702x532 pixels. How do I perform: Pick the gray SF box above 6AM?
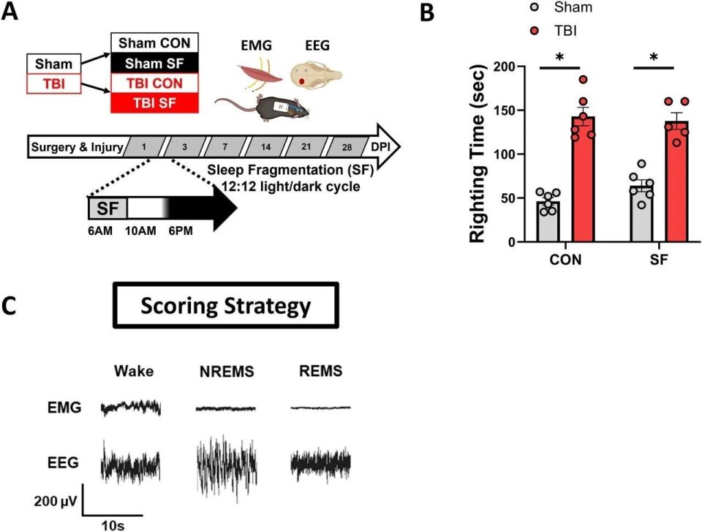tap(107, 208)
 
